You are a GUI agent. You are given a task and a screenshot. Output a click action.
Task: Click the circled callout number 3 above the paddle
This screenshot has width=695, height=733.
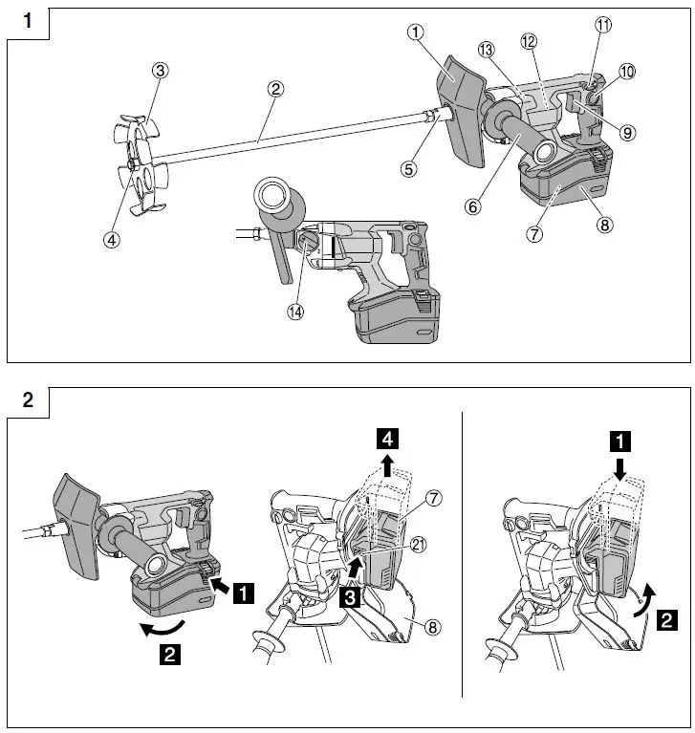click(162, 70)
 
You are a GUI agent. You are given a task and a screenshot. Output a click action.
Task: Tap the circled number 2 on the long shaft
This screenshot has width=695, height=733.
click(275, 89)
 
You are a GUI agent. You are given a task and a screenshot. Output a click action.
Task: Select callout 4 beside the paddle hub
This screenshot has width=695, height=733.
click(113, 240)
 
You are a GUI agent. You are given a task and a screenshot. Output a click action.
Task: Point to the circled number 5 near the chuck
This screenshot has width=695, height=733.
click(409, 168)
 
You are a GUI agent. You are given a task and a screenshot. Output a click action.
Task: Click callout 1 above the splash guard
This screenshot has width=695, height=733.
click(414, 32)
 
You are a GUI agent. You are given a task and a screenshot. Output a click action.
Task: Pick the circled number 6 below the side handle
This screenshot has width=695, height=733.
click(475, 203)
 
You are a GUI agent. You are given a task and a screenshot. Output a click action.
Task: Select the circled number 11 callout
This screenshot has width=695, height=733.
click(602, 27)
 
